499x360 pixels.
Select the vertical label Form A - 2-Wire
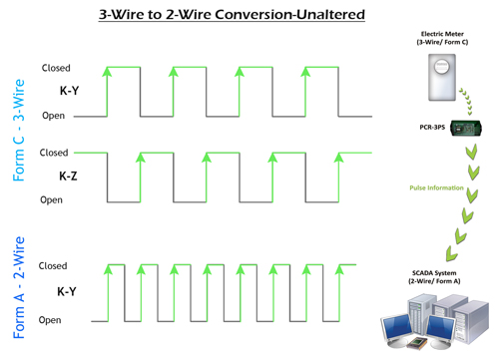(20, 289)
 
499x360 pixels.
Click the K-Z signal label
(68, 176)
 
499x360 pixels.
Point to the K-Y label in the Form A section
(68, 292)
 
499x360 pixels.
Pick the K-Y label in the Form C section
(68, 91)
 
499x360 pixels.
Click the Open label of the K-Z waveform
(52, 199)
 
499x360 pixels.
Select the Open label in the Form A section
(52, 320)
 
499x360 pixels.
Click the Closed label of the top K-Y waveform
(55, 68)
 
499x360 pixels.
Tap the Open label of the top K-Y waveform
(53, 116)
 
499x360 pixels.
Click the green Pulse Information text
(439, 187)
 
